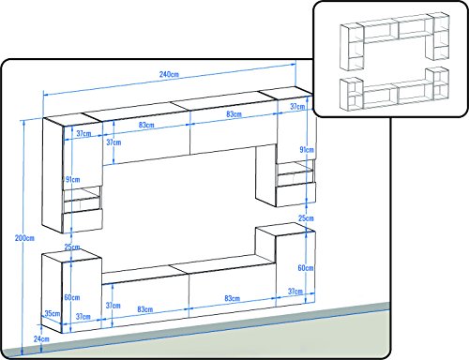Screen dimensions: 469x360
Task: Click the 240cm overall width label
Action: pos(169,74)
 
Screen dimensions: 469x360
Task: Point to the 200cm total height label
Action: pos(24,238)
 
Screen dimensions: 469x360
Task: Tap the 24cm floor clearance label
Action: pos(41,338)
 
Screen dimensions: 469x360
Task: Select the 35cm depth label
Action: pos(53,313)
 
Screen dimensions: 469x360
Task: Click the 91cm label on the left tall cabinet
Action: pos(72,179)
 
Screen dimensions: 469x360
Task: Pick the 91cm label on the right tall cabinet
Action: pos(307,150)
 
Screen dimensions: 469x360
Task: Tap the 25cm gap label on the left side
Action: pos(72,247)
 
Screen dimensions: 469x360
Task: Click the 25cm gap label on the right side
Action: pos(306,218)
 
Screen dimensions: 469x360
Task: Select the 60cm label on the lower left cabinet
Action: pos(72,297)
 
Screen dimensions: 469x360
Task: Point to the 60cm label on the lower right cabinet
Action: pos(306,268)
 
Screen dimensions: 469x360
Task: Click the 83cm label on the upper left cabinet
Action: pos(146,125)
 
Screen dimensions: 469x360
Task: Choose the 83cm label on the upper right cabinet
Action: pos(234,114)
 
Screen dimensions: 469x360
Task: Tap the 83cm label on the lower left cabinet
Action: pos(145,309)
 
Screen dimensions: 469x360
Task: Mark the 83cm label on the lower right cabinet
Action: pos(233,298)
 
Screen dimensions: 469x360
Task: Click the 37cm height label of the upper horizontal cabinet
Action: pos(113,142)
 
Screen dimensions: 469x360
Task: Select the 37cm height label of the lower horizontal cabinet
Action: pos(113,306)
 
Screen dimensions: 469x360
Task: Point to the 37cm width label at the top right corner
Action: pos(297,107)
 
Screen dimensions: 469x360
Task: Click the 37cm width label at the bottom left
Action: pos(83,317)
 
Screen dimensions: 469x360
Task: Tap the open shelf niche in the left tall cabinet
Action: pos(82,200)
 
